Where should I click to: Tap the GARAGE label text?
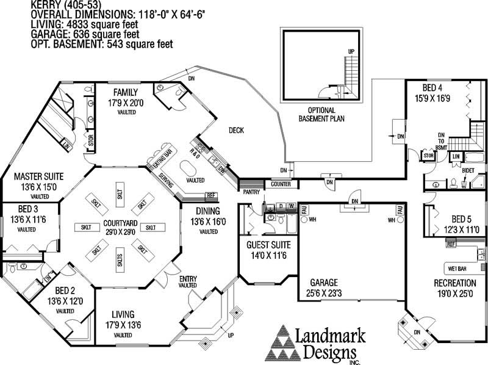pyautogui.click(x=323, y=283)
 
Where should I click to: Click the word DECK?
pyautogui.click(x=237, y=130)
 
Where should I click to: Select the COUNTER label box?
pyautogui.click(x=281, y=184)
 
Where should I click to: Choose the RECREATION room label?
pyautogui.click(x=454, y=283)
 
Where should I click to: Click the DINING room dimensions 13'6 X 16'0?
pyautogui.click(x=208, y=222)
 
